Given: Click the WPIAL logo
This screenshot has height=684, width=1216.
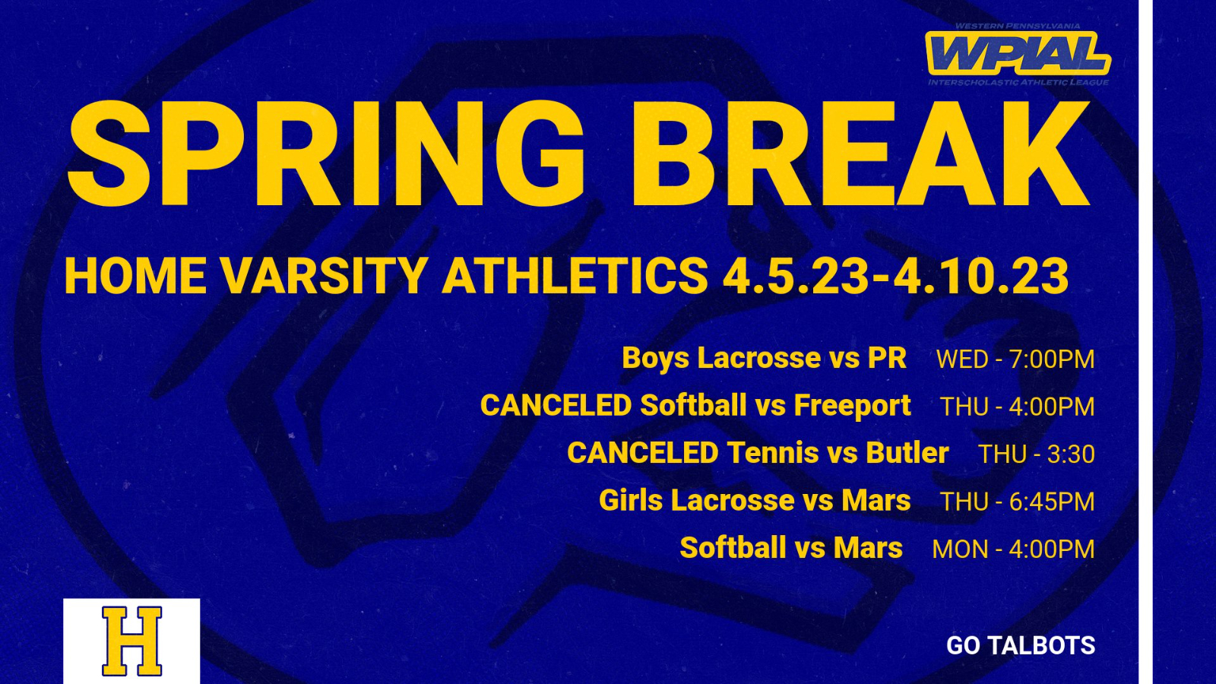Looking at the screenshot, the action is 1018,54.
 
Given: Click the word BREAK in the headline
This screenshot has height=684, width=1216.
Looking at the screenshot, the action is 860,154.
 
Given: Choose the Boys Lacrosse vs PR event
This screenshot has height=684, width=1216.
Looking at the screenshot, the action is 765,358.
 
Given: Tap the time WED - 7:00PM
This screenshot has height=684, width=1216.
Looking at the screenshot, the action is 1015,359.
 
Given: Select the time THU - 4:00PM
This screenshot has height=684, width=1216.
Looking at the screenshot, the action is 1017,407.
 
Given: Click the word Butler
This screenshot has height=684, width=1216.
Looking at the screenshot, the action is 907,453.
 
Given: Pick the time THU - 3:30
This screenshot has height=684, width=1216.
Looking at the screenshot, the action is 1036,454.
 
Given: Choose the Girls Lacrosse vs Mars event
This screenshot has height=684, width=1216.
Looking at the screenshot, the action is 755,501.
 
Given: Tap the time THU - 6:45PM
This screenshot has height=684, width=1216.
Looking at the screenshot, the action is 1017,502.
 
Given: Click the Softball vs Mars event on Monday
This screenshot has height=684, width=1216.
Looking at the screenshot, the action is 791,548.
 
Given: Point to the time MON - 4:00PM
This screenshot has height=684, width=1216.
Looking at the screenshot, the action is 1013,549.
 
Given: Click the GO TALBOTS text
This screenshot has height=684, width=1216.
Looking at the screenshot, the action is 1021,645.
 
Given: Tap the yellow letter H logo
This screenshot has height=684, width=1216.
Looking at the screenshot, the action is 132,641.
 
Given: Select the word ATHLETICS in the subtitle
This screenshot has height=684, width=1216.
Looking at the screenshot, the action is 575,276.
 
